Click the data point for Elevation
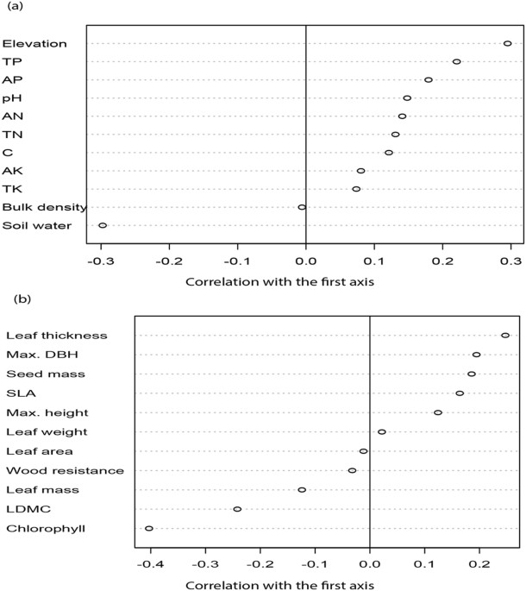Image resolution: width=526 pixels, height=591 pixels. pos(508,43)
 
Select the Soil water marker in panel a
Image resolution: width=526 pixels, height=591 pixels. pos(103,225)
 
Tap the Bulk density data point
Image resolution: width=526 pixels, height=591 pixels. pos(302,207)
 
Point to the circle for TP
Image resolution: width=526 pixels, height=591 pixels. pos(457,61)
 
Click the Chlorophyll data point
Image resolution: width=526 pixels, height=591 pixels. pos(149,528)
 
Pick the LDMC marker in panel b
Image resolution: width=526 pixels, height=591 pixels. pos(237,509)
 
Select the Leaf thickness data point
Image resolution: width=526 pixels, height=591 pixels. pos(505,335)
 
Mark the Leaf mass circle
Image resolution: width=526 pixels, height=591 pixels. pos(302,489)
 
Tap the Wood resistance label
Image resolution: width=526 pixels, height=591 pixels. pos(65,470)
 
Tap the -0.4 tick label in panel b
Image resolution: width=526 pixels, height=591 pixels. pos(147,563)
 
